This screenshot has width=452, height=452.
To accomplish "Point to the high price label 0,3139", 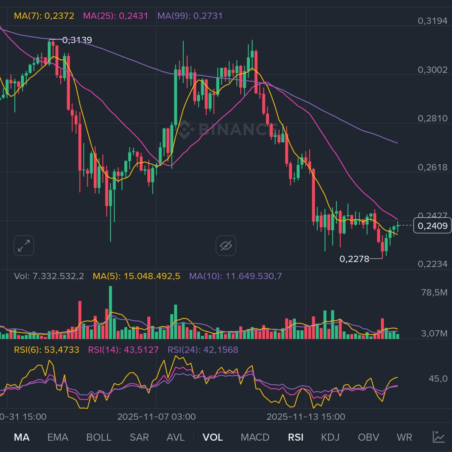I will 77,40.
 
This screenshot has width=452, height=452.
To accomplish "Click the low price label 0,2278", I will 354,259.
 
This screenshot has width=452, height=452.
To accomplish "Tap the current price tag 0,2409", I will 432,226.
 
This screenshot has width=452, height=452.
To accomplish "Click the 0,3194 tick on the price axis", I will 432,21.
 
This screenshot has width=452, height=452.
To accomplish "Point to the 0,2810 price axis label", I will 432,118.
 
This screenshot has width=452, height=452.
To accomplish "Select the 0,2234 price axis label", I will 432,264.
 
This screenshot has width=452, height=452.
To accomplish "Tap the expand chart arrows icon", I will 23,246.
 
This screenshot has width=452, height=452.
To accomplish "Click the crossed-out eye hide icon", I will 226,246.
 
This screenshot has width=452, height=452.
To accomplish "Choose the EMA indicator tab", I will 58,437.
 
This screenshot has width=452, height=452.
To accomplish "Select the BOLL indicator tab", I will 99,437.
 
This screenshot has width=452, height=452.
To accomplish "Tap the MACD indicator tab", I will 255,437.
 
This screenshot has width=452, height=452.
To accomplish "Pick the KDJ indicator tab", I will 330,437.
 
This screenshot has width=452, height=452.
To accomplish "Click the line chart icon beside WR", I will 439,437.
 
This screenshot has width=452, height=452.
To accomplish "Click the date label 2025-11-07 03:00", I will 156,417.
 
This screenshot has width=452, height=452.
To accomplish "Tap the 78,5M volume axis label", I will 434,292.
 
